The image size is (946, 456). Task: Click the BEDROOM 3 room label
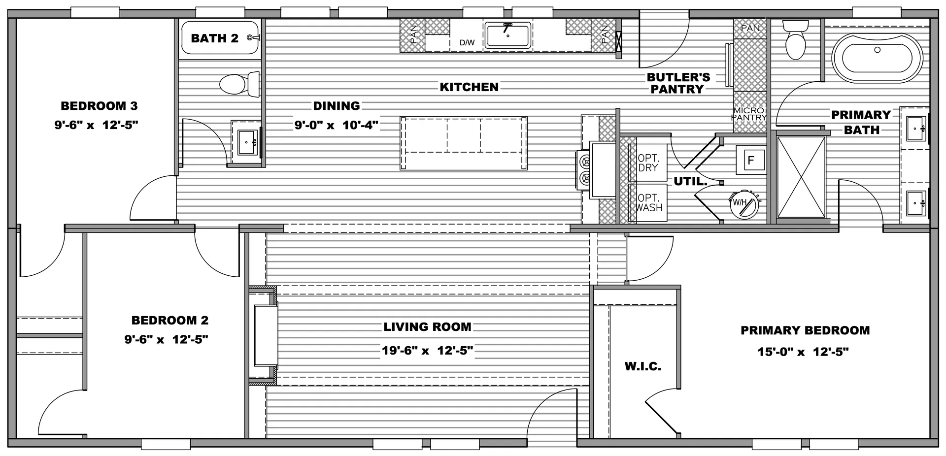click(x=99, y=106)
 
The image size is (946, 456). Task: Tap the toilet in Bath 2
click(x=239, y=84)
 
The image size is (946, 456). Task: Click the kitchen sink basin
click(x=507, y=35)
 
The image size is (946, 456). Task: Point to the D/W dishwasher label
click(x=467, y=43)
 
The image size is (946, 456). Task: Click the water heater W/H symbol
click(x=743, y=204)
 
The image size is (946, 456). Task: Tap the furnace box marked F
click(x=751, y=160)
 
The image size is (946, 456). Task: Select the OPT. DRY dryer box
click(x=648, y=163)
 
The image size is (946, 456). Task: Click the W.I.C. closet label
click(x=642, y=366)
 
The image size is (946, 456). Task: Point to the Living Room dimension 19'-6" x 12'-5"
click(x=428, y=351)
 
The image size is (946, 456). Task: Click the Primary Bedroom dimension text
click(x=803, y=352)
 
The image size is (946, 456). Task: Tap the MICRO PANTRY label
click(x=748, y=114)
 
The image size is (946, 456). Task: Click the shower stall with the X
click(x=801, y=177)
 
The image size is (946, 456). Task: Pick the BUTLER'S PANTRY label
click(x=678, y=83)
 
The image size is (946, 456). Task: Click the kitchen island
click(x=463, y=143)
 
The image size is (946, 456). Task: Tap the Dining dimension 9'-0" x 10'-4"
click(x=337, y=125)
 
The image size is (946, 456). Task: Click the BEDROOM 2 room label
click(x=170, y=321)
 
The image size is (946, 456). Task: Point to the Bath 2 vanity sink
click(x=246, y=142)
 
